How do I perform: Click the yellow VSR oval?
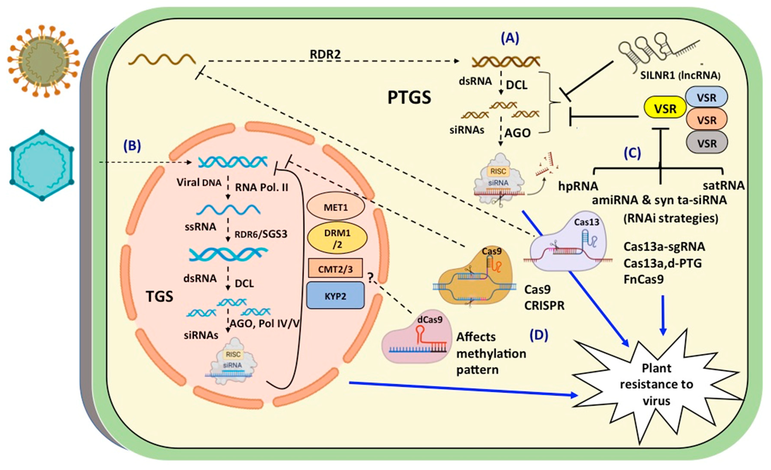click(x=665, y=108)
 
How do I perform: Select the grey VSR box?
click(x=707, y=143)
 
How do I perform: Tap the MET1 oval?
click(x=336, y=207)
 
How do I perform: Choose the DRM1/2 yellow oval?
click(x=337, y=238)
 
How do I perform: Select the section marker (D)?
click(x=539, y=335)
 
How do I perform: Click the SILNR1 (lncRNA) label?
click(x=680, y=75)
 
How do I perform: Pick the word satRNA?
click(x=723, y=186)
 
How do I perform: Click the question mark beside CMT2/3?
click(x=371, y=278)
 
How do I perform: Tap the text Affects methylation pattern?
click(x=491, y=353)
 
